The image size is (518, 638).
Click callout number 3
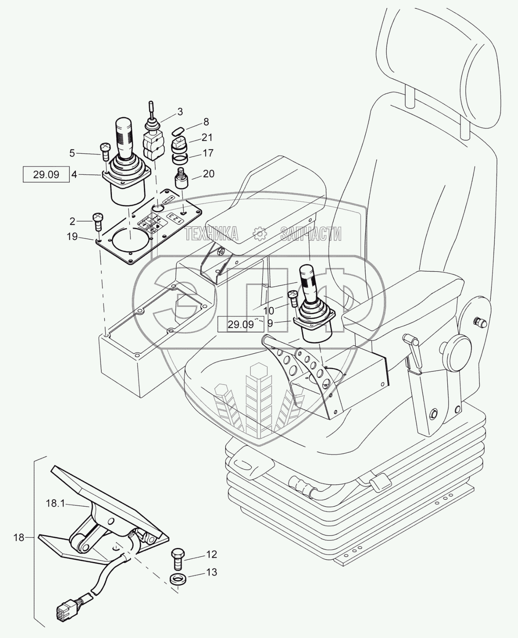click(180, 112)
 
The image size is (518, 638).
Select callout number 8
click(206, 122)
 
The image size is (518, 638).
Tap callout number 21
click(207, 137)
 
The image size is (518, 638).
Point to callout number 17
click(208, 153)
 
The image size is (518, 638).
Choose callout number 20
click(209, 174)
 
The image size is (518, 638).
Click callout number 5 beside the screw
click(72, 153)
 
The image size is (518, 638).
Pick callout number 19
click(72, 237)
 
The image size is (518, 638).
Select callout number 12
click(212, 554)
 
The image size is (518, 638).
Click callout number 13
click(212, 572)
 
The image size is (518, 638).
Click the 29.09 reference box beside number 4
click(46, 174)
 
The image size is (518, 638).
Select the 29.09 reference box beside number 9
click(241, 324)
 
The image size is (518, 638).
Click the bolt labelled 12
click(177, 557)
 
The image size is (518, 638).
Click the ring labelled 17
click(178, 160)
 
